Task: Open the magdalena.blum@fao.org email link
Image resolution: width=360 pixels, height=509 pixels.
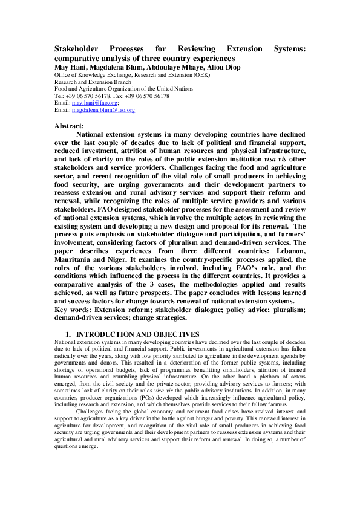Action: [x=103, y=111]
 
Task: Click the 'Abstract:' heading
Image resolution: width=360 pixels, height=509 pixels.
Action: [x=70, y=124]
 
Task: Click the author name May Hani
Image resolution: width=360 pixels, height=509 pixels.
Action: [x=70, y=67]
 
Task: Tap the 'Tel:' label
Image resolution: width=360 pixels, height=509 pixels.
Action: [x=59, y=96]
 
